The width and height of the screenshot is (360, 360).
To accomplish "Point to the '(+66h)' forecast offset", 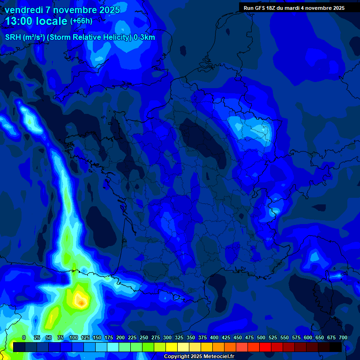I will click(x=81, y=21).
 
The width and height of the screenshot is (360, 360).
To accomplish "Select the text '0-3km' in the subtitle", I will click(x=144, y=37).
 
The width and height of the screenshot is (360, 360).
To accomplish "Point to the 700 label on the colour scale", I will click(x=343, y=337).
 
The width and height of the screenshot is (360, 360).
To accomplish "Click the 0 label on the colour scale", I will click(x=24, y=337).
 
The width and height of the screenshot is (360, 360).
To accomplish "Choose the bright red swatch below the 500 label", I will click(x=254, y=347).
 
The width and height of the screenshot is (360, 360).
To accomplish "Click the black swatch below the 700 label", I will click(x=336, y=347).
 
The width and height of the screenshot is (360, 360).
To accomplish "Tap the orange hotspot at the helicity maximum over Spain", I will click(x=82, y=303).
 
